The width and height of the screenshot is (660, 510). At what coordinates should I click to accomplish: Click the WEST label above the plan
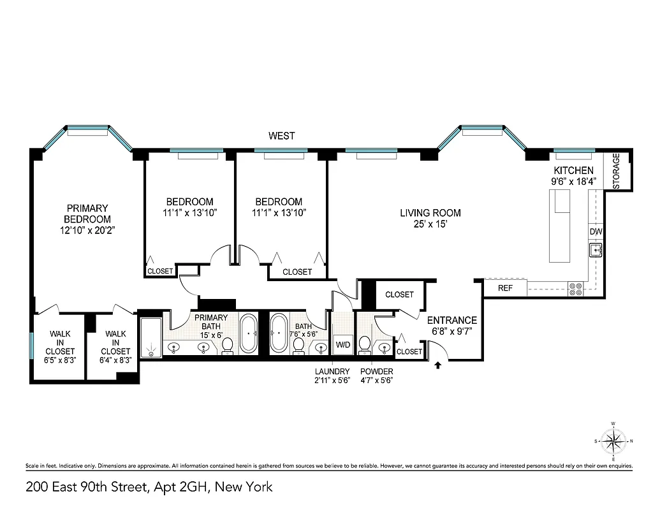pyautogui.click(x=281, y=135)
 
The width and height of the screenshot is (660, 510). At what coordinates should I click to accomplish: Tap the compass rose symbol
pyautogui.click(x=613, y=441)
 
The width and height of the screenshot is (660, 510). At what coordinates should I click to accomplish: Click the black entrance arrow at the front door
pyautogui.click(x=438, y=365)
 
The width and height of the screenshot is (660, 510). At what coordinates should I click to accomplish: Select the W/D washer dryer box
pyautogui.click(x=342, y=344)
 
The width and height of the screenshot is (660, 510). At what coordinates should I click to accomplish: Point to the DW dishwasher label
pyautogui.click(x=595, y=231)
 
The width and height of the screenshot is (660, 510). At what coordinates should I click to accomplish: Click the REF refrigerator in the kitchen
pyautogui.click(x=505, y=288)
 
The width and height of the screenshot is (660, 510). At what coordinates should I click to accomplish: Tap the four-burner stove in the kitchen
pyautogui.click(x=576, y=289)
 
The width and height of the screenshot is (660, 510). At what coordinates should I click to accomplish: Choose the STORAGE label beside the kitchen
pyautogui.click(x=617, y=171)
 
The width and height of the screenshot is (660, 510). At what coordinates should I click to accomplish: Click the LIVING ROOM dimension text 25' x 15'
pyautogui.click(x=430, y=224)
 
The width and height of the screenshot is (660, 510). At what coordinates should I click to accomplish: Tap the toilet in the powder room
pyautogui.click(x=365, y=344)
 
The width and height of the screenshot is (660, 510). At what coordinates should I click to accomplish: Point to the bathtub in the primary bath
pyautogui.click(x=249, y=332)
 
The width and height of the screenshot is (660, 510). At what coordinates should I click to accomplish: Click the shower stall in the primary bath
pyautogui.click(x=150, y=337)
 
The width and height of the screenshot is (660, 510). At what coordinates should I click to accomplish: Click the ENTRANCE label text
pyautogui.click(x=451, y=320)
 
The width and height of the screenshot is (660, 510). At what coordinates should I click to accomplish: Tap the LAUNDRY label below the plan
pyautogui.click(x=332, y=372)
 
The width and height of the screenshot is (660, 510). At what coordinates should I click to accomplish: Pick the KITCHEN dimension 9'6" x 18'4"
pyautogui.click(x=573, y=181)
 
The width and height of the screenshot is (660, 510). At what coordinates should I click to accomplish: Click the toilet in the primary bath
pyautogui.click(x=227, y=346)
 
